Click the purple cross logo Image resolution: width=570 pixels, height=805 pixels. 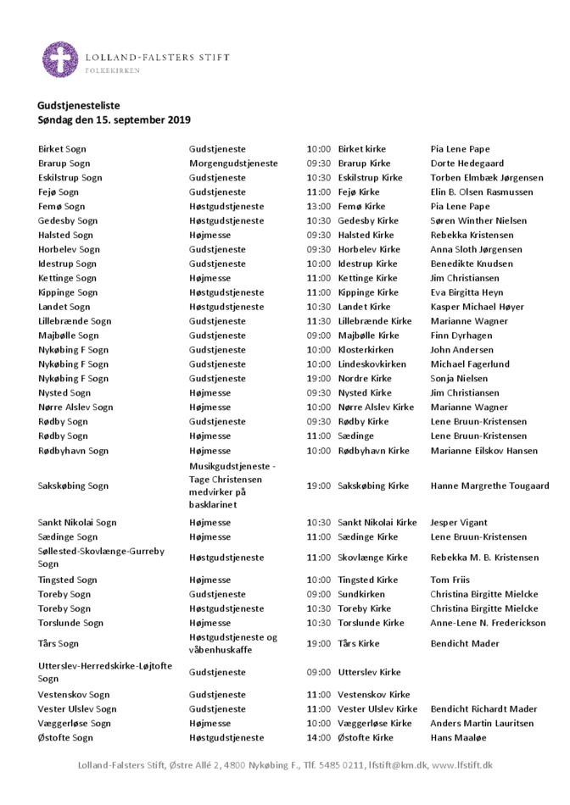(x=59, y=59)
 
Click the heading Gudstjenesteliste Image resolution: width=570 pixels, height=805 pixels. (x=79, y=105)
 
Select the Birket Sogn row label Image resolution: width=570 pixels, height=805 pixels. (x=62, y=149)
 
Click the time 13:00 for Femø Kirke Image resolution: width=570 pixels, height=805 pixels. (x=318, y=207)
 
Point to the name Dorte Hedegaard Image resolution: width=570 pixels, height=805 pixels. (x=467, y=164)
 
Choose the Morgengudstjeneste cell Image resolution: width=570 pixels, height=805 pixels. (x=233, y=164)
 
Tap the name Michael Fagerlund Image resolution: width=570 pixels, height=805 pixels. (x=470, y=364)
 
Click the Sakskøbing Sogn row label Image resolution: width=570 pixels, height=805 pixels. (x=73, y=486)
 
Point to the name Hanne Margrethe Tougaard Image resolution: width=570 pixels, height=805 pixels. (x=489, y=486)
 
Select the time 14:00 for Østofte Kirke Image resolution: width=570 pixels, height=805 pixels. (x=318, y=738)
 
